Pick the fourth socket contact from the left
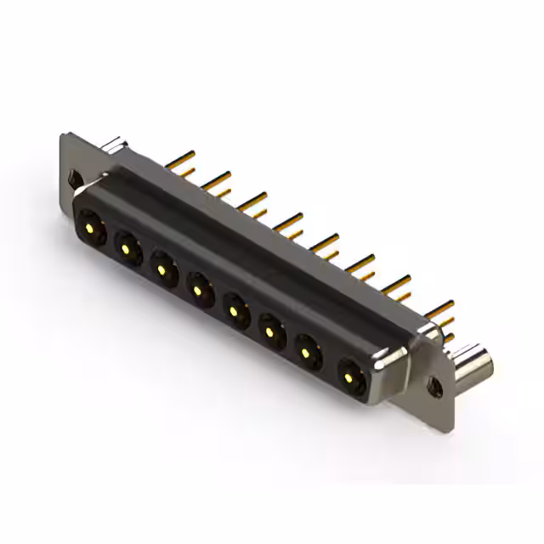pyautogui.click(x=198, y=289)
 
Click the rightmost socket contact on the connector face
pyautogui.click(x=351, y=374)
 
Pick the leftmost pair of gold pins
pyautogui.click(x=180, y=164)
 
